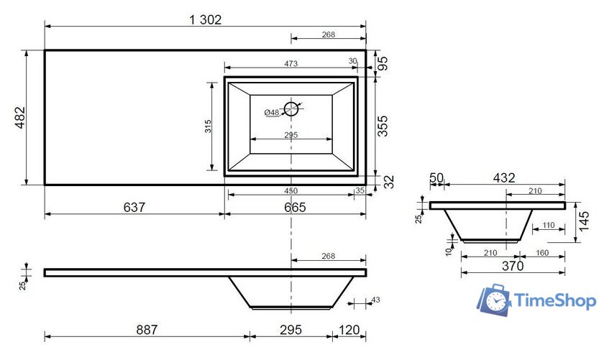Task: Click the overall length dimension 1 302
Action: coord(206,20)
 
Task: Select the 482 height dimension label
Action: coord(19,117)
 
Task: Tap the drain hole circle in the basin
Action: coord(291,109)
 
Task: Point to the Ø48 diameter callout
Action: coord(271,113)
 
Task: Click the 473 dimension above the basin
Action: coord(290,64)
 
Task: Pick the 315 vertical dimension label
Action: coord(207,127)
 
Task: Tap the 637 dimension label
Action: coord(134,208)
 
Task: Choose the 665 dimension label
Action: coord(294,208)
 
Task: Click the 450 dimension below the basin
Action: coord(290,191)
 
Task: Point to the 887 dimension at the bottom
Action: coord(146,330)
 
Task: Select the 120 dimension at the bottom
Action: coord(349,330)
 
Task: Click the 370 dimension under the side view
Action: coord(512,266)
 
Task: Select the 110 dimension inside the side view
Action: coord(548,225)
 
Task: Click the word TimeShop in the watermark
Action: coord(555,301)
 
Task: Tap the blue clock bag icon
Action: coord(495,300)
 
